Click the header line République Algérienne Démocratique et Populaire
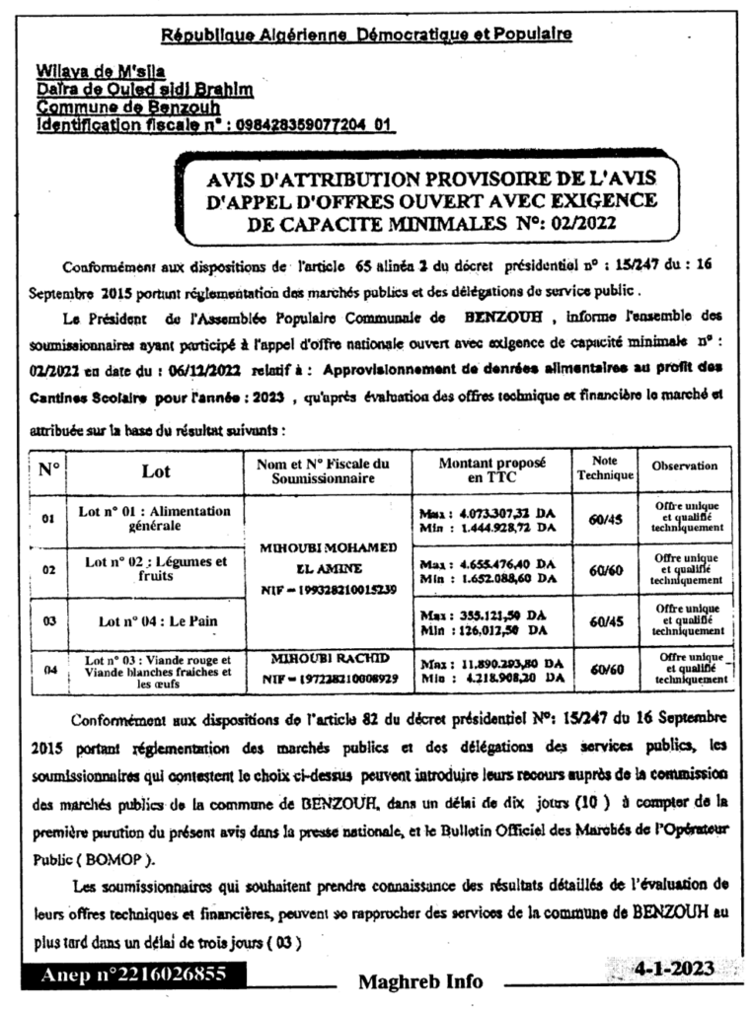tap(366, 35)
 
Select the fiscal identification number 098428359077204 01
tap(314, 125)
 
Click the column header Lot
tap(156, 471)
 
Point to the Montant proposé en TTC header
tap(490, 470)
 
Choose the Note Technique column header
tap(604, 469)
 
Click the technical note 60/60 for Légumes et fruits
tap(604, 569)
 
